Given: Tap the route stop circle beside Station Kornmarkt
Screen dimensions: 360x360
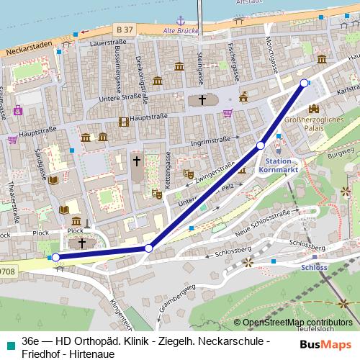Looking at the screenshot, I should point(261,146).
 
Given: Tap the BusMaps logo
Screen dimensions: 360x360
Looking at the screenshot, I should point(325,344).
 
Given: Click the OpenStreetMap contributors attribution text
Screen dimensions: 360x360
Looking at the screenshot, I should point(297,323).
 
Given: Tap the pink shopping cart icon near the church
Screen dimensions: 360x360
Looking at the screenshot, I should point(228,112).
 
